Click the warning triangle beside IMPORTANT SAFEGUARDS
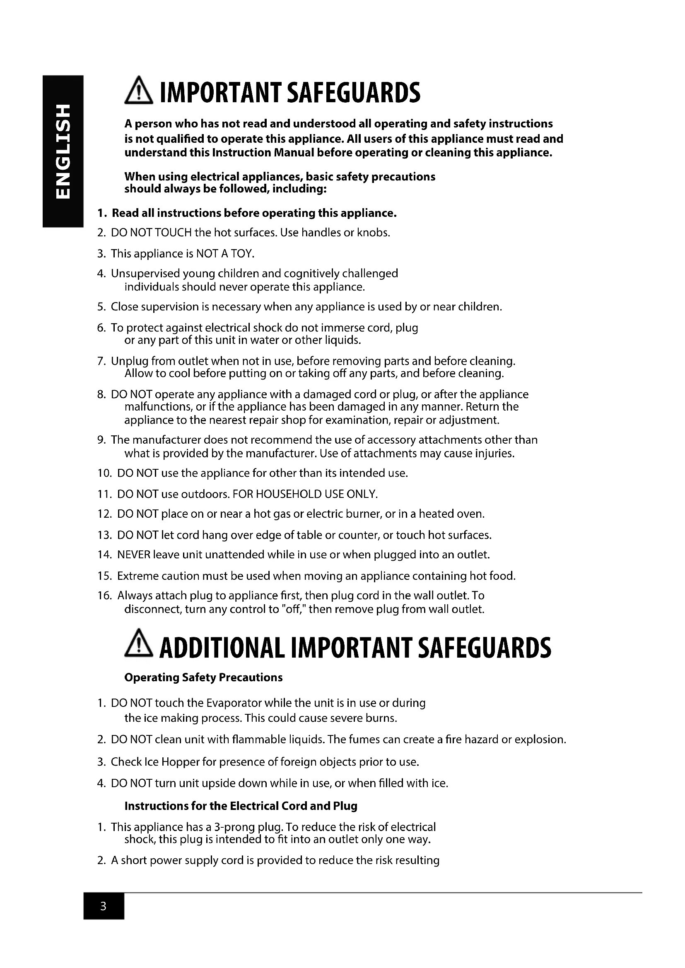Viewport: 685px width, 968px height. tap(139, 93)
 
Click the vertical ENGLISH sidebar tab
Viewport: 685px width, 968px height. tap(62, 151)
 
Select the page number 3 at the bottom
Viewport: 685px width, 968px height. tap(104, 906)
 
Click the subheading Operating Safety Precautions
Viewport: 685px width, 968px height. tap(203, 677)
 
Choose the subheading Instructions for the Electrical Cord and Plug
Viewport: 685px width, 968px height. tap(241, 806)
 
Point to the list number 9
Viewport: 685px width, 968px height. tap(101, 440)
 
